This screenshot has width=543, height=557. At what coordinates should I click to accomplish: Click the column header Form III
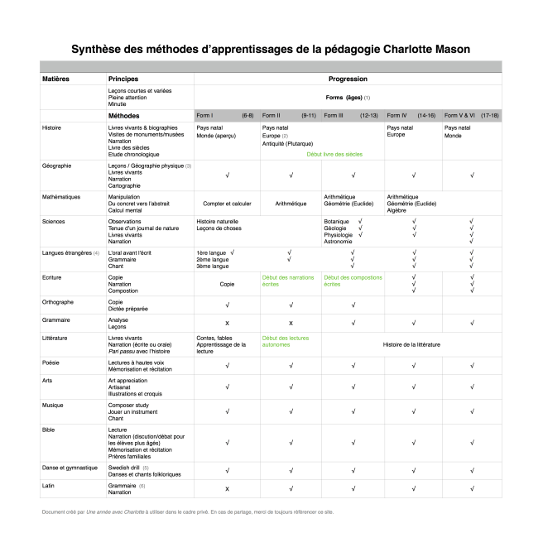tap(334, 115)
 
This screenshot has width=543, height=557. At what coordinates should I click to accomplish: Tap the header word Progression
tap(348, 79)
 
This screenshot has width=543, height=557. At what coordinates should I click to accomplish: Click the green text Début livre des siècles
tap(334, 154)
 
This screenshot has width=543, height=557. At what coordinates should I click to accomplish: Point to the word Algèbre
tap(397, 210)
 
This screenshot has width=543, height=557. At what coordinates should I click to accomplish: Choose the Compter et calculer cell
tap(227, 203)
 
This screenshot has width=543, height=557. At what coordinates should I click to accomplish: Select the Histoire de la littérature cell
tap(412, 343)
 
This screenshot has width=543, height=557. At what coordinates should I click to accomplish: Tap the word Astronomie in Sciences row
tap(339, 242)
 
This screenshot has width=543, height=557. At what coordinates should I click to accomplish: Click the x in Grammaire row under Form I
tap(227, 322)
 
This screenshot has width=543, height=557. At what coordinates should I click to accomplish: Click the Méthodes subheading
tap(123, 115)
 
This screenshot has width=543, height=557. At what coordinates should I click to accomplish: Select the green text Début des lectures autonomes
tap(287, 341)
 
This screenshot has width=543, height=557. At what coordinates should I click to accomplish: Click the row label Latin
tap(49, 486)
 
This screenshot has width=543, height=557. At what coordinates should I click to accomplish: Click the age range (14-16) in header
tap(428, 115)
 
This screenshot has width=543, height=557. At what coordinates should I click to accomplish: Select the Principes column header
tap(123, 79)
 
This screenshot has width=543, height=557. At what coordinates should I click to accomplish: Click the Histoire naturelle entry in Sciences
tap(217, 222)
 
